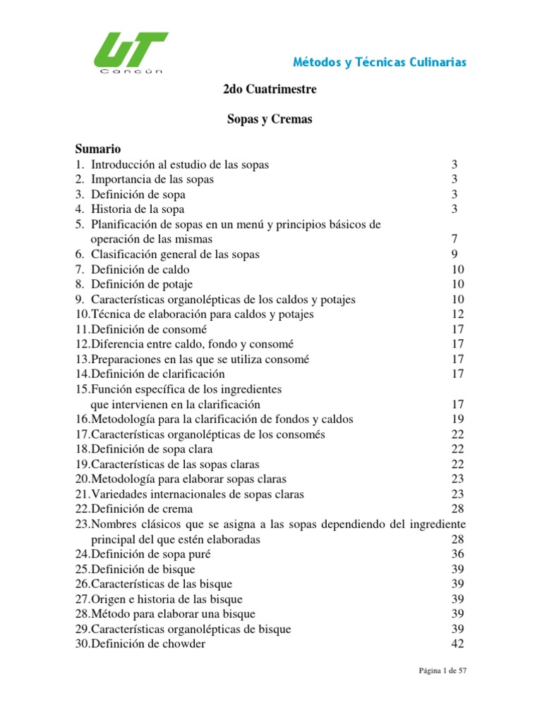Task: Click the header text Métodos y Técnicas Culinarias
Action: pyautogui.click(x=380, y=62)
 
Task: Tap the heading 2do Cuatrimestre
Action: pyautogui.click(x=265, y=90)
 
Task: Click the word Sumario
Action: pyautogui.click(x=98, y=149)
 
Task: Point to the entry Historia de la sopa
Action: pyautogui.click(x=138, y=209)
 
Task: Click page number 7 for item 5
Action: pyautogui.click(x=454, y=240)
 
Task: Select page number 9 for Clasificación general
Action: pyautogui.click(x=454, y=255)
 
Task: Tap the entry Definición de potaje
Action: pyautogui.click(x=140, y=284)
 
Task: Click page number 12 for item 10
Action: pyautogui.click(x=457, y=314)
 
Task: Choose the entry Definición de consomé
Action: pyautogui.click(x=147, y=329)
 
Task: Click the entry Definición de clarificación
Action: pyautogui.click(x=157, y=374)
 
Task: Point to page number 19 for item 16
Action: pyautogui.click(x=457, y=420)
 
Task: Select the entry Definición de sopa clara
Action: pyautogui.click(x=151, y=449)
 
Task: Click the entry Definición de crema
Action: pyautogui.click(x=141, y=509)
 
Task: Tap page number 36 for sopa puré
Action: pyautogui.click(x=457, y=554)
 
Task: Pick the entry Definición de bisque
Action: pyautogui.click(x=143, y=569)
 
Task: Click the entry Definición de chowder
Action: pyautogui.click(x=147, y=644)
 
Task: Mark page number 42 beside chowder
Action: pyautogui.click(x=457, y=644)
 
